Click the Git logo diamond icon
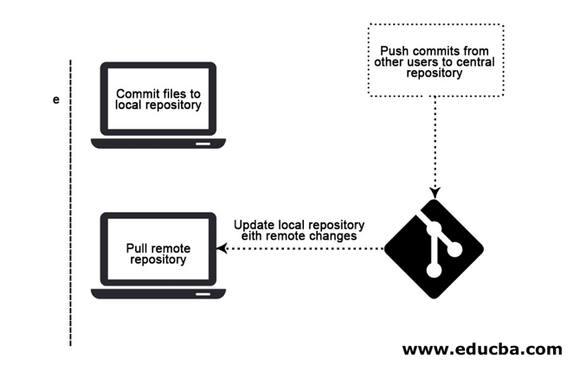coord(435,249)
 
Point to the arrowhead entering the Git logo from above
coord(435,192)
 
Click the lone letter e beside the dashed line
coord(56,100)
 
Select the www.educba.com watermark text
coord(481,350)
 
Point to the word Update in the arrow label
coord(253,224)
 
